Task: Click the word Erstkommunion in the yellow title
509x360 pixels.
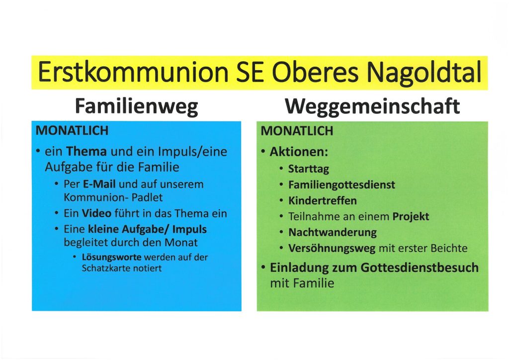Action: (x=133, y=72)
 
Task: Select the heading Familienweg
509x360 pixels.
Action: (x=136, y=106)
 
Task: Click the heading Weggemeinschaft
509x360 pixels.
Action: (x=373, y=106)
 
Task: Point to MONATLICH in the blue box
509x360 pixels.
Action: (x=72, y=130)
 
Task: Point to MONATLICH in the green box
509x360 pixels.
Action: (x=297, y=131)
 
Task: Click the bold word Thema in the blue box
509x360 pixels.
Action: (x=86, y=151)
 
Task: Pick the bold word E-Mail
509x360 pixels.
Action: (x=99, y=184)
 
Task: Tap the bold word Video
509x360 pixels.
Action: (x=96, y=213)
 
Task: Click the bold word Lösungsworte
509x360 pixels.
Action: (x=112, y=258)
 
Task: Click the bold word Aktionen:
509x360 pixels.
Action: (x=299, y=152)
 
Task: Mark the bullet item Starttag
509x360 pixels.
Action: (x=308, y=169)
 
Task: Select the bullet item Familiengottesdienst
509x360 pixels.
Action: (x=342, y=184)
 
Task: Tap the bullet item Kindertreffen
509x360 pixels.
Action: (x=323, y=200)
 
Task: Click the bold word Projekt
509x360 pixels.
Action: (x=411, y=216)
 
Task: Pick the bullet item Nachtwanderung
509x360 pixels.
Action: (x=333, y=232)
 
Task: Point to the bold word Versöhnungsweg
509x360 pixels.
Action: (x=332, y=248)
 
